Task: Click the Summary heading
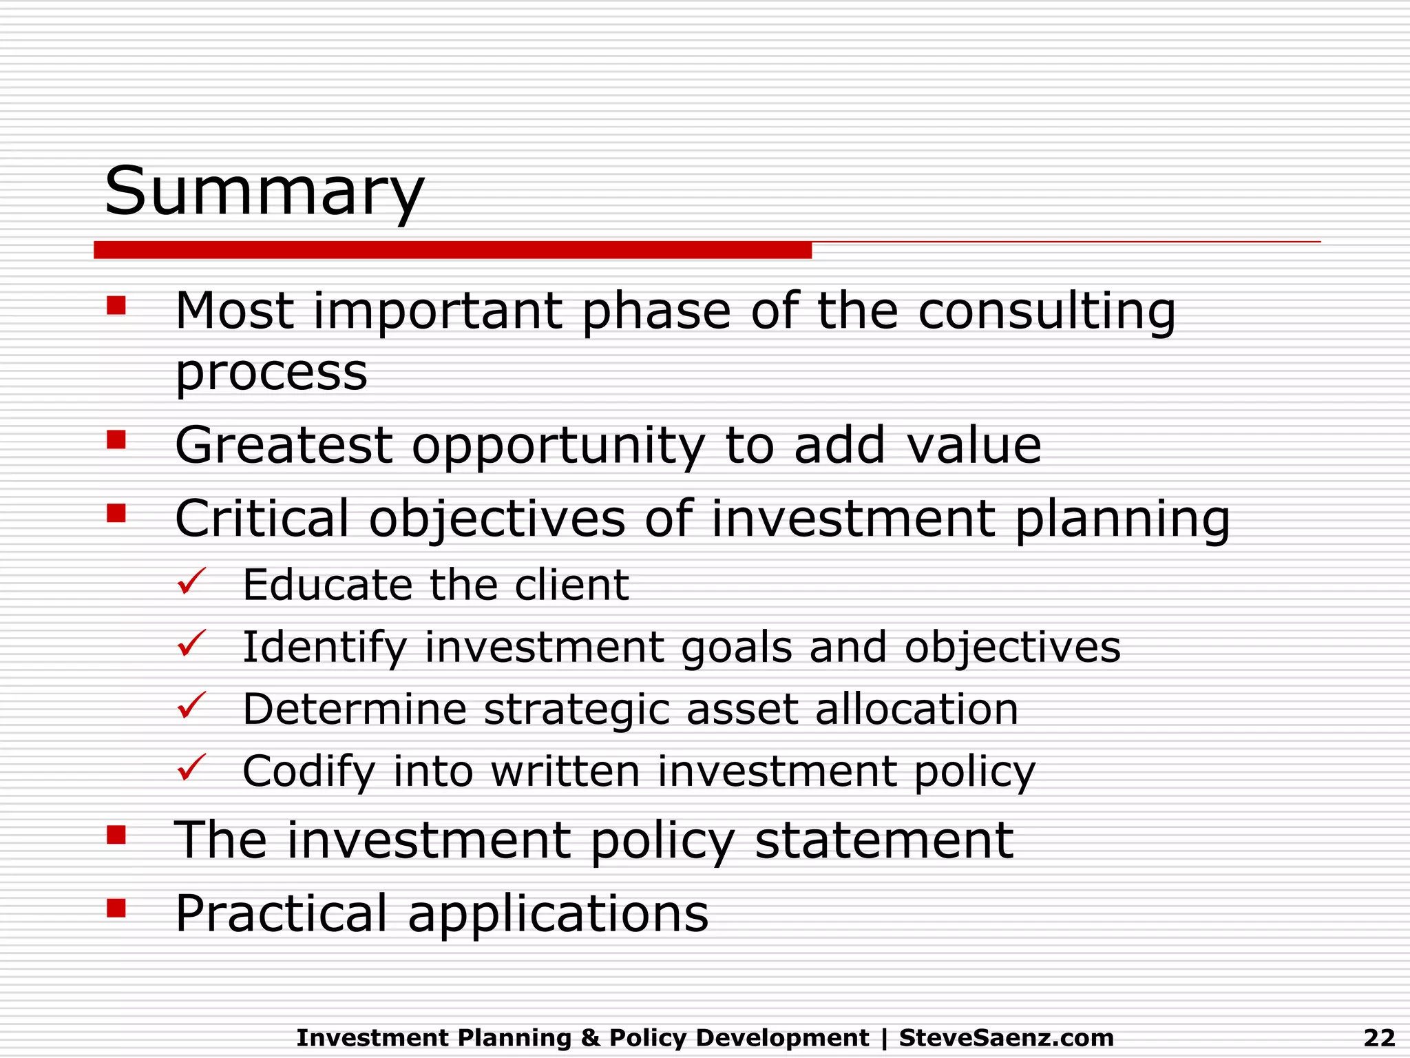point(264,191)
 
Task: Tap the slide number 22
point(1379,1037)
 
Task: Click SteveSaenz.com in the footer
point(1006,1037)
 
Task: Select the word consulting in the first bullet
point(1046,312)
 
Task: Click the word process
point(271,374)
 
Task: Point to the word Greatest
point(284,446)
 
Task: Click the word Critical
point(262,518)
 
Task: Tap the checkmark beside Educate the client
point(191,582)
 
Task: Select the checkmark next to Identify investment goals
point(191,644)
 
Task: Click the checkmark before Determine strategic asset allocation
point(191,706)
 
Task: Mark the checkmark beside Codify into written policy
point(191,767)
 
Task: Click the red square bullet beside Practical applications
point(116,909)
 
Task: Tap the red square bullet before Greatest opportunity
point(116,439)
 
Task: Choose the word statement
point(884,840)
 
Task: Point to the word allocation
point(916,709)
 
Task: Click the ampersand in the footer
point(591,1037)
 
